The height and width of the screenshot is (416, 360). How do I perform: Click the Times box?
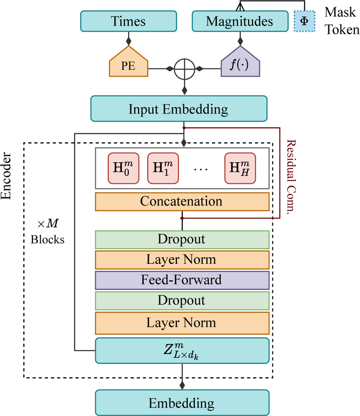(x=128, y=21)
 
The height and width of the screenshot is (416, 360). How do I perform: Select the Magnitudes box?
(x=240, y=21)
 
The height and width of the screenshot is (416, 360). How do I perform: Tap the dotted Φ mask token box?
(x=304, y=21)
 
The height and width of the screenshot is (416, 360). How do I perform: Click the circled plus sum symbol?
(x=184, y=69)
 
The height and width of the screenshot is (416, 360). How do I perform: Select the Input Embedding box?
(x=179, y=109)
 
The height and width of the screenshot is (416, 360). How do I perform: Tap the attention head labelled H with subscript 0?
(x=123, y=168)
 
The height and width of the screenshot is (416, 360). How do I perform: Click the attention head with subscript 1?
(x=163, y=168)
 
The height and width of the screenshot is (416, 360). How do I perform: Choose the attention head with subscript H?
(x=240, y=168)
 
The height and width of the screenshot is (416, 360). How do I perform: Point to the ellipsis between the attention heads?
(x=200, y=169)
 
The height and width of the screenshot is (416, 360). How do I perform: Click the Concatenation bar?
(x=182, y=202)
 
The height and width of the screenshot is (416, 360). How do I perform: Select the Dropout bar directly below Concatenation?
(x=182, y=240)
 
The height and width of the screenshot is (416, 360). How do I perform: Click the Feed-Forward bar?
(x=182, y=280)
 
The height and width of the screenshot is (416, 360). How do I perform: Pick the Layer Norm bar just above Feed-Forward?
(x=182, y=260)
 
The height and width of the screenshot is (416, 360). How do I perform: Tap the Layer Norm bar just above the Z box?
(x=182, y=323)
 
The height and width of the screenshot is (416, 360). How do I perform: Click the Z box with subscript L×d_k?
(x=182, y=350)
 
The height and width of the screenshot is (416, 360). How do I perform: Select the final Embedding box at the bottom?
(x=182, y=403)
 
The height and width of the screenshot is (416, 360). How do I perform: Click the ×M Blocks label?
(x=48, y=232)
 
